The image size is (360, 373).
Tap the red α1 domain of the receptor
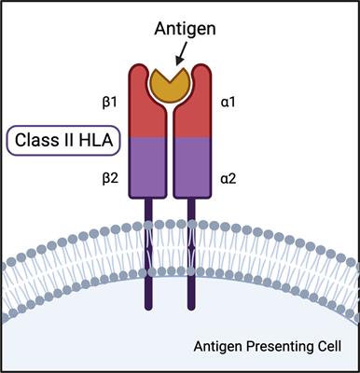[205, 117]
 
